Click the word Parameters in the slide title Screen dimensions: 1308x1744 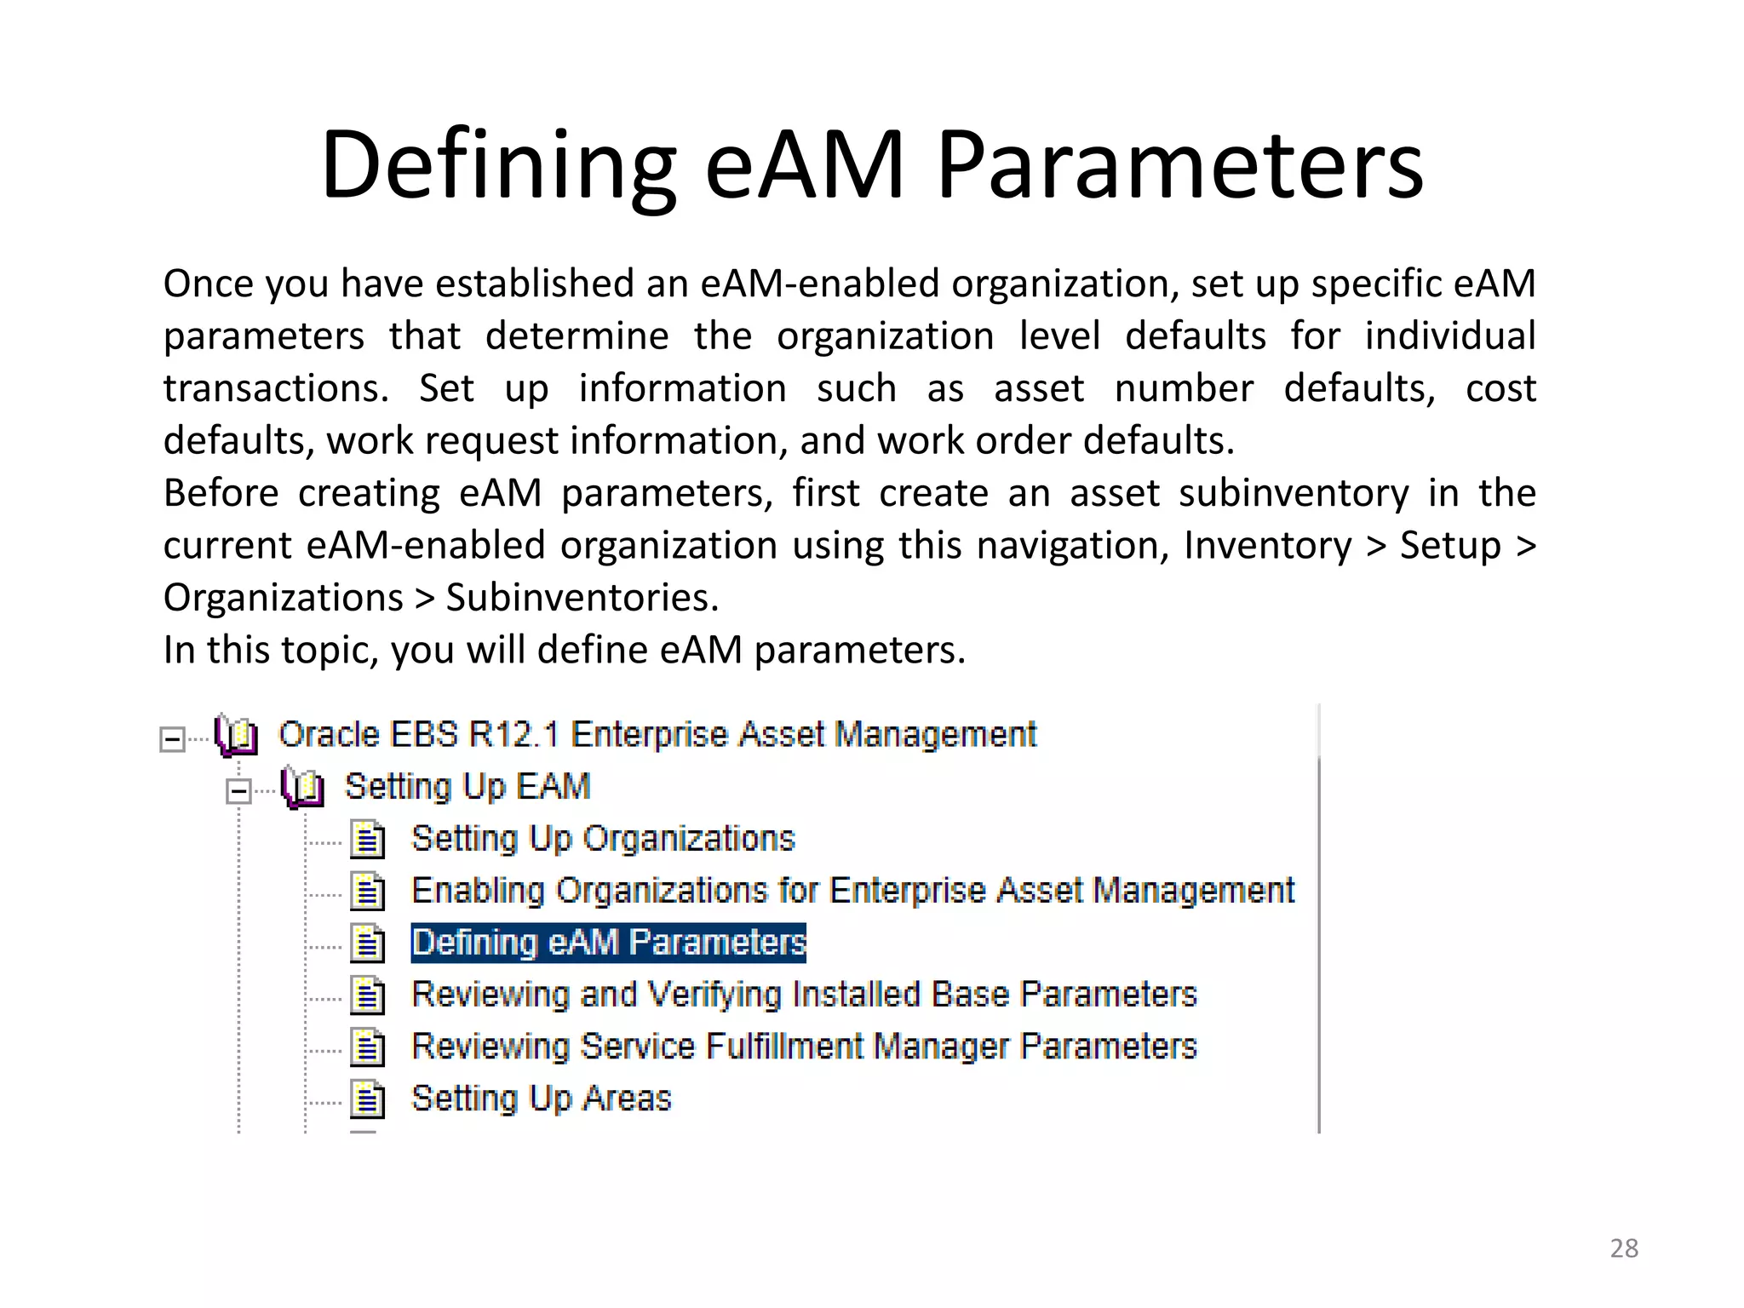(x=1180, y=164)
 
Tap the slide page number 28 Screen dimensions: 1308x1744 (x=1624, y=1248)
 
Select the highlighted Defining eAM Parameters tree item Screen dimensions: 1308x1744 (x=608, y=944)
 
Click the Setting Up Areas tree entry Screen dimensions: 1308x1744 (x=541, y=1099)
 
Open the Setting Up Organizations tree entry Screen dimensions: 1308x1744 (x=603, y=839)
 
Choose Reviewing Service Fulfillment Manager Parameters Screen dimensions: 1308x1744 (x=804, y=1047)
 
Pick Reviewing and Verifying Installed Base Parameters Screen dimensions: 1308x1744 (x=804, y=995)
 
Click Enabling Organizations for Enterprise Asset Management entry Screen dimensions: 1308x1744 (x=852, y=891)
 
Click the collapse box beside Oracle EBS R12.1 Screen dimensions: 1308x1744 (x=172, y=739)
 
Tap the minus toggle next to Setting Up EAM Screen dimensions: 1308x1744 (x=238, y=791)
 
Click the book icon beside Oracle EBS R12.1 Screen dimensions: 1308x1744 (x=236, y=736)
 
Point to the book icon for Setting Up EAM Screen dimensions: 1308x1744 (x=302, y=788)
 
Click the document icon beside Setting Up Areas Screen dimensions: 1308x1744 (x=368, y=1099)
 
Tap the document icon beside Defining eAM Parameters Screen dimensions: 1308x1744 (x=368, y=944)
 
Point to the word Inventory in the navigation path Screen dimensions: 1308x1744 (x=1267, y=546)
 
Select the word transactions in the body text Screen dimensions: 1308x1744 (x=276, y=389)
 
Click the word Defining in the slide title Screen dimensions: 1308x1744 (x=498, y=164)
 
